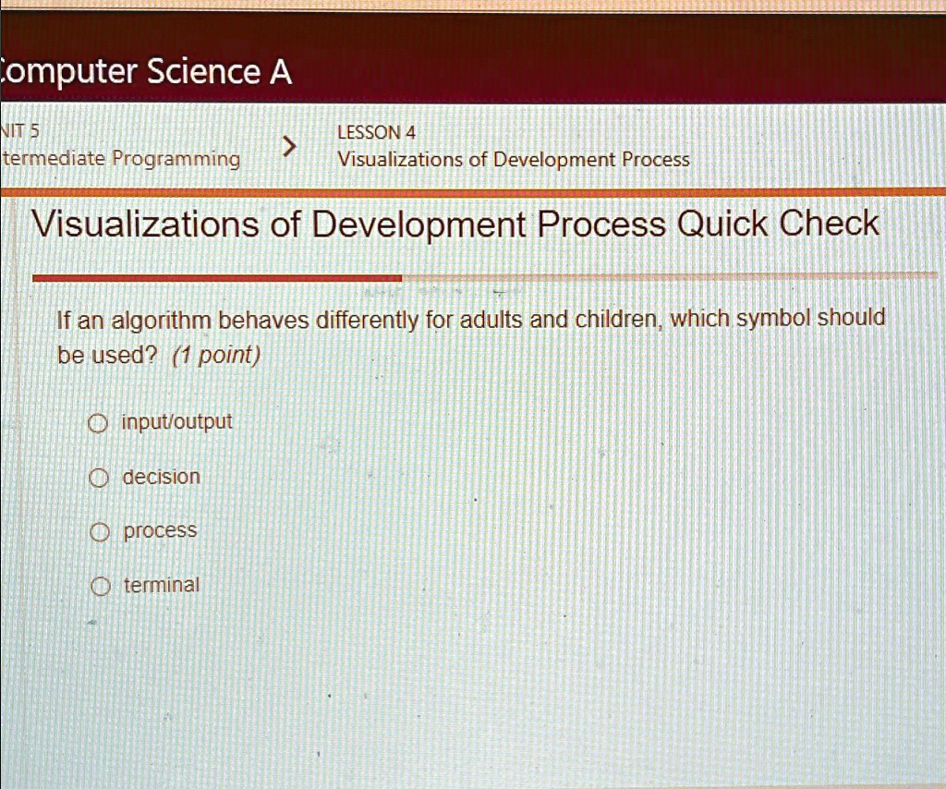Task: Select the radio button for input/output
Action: tap(98, 423)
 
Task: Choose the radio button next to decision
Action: tap(98, 479)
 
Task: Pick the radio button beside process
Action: tap(100, 533)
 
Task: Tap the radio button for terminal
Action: tap(100, 587)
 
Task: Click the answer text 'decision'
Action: tap(161, 477)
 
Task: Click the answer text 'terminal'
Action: tap(161, 585)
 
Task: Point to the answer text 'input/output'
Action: tap(176, 421)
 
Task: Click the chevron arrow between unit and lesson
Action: tap(289, 146)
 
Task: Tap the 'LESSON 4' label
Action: tap(377, 132)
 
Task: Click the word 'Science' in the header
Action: tap(204, 71)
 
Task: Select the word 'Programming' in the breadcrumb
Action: tap(176, 160)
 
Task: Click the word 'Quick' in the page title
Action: tap(722, 225)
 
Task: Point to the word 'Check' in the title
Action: tap(829, 224)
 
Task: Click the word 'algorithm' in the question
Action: tap(161, 321)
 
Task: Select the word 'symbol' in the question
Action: tap(773, 318)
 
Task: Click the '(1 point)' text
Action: tap(216, 356)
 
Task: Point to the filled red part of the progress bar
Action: tap(217, 278)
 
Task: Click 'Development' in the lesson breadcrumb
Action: tap(554, 160)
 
